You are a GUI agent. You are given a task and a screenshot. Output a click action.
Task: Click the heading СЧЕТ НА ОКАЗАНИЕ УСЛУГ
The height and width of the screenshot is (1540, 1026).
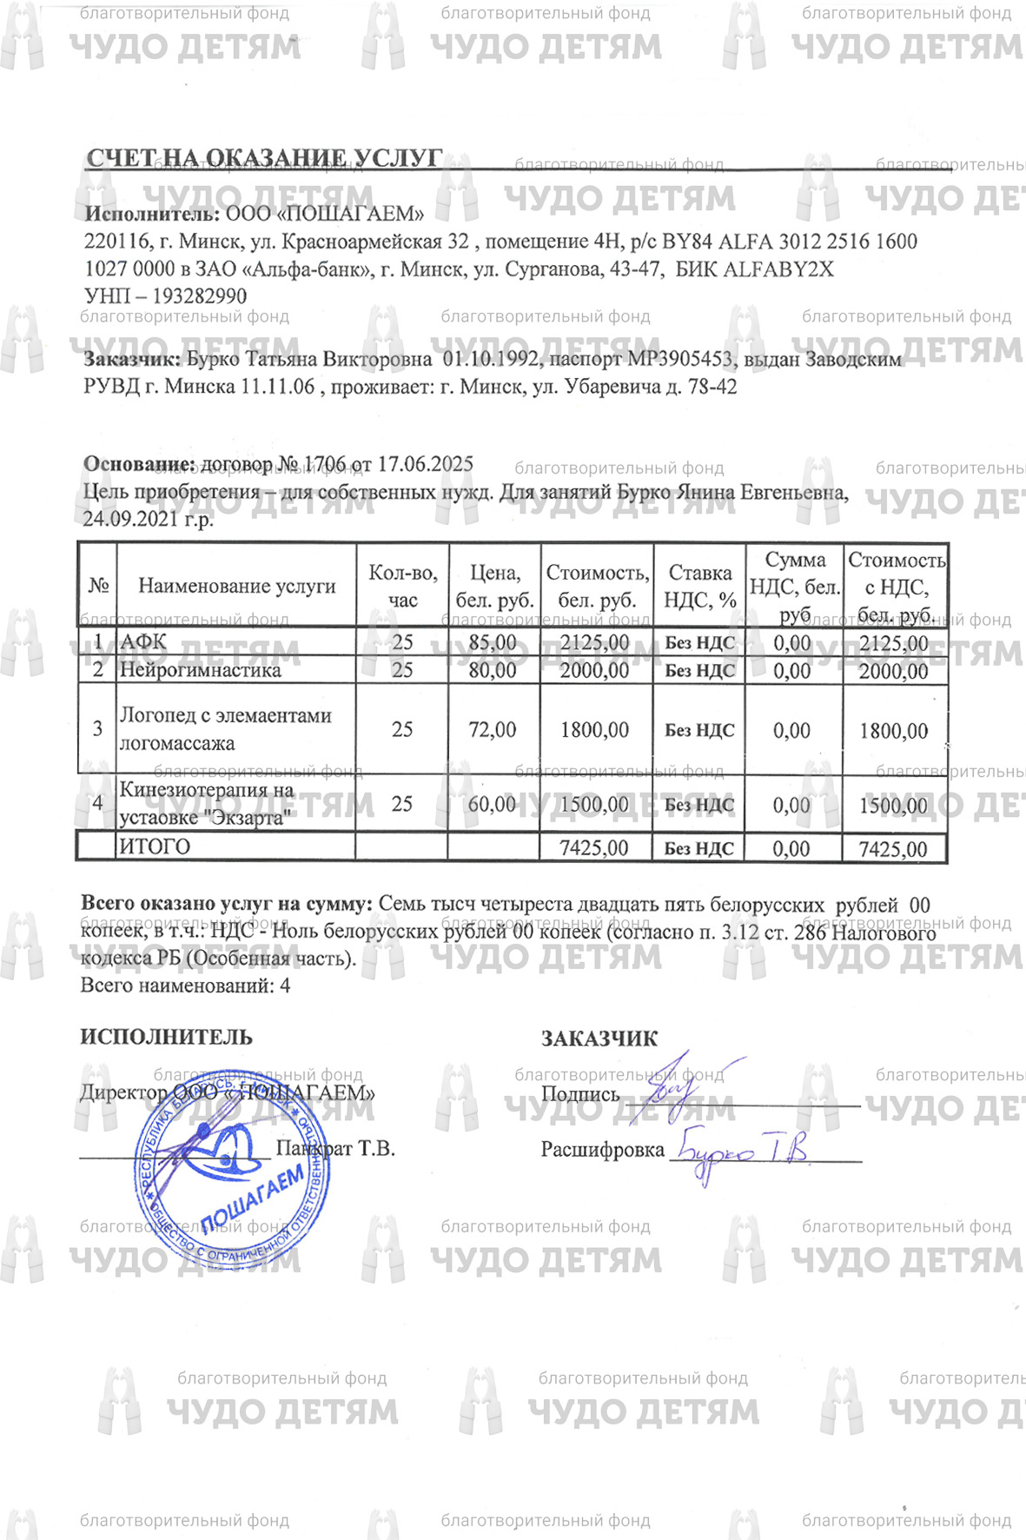[264, 159]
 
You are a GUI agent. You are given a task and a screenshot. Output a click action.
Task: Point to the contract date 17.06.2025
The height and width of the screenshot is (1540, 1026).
[426, 464]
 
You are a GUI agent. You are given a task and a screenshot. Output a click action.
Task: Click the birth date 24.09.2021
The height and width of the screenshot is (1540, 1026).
[128, 519]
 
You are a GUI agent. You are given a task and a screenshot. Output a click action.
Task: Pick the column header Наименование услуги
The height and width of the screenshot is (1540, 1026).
[236, 586]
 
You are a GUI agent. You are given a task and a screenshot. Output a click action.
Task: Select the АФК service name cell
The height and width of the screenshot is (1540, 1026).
[143, 642]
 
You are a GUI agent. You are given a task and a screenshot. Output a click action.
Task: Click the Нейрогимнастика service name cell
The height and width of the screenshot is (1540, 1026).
[200, 670]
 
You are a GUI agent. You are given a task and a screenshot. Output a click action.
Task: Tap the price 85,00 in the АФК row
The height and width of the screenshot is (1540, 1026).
[492, 643]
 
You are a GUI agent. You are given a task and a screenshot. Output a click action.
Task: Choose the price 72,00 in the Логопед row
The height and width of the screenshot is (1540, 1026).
[492, 730]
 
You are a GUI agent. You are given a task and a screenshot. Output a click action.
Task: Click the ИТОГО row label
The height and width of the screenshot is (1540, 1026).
[155, 846]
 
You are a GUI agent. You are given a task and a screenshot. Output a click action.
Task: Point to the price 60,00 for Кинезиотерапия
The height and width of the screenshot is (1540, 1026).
[492, 805]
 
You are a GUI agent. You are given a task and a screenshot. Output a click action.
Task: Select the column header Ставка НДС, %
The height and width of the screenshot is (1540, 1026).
[699, 587]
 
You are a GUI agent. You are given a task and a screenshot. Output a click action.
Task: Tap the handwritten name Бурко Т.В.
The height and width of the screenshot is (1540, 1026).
[743, 1152]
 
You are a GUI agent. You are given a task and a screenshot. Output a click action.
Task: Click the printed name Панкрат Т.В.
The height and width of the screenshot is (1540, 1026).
[335, 1149]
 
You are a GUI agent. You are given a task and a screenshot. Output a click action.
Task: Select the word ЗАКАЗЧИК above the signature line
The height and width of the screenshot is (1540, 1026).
[599, 1039]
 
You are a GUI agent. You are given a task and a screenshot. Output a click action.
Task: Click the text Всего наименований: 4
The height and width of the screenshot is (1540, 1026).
[185, 986]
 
